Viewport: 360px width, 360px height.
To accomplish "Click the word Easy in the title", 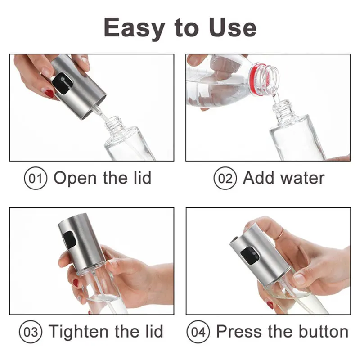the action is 134,28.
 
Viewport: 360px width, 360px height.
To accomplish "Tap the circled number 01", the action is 36,178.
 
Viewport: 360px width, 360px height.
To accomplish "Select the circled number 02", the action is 225,178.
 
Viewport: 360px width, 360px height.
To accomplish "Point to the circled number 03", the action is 31,332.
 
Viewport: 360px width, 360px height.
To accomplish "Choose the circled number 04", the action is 198,332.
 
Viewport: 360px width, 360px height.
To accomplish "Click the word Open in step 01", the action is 75,179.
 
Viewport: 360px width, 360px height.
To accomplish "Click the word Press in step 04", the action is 239,332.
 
